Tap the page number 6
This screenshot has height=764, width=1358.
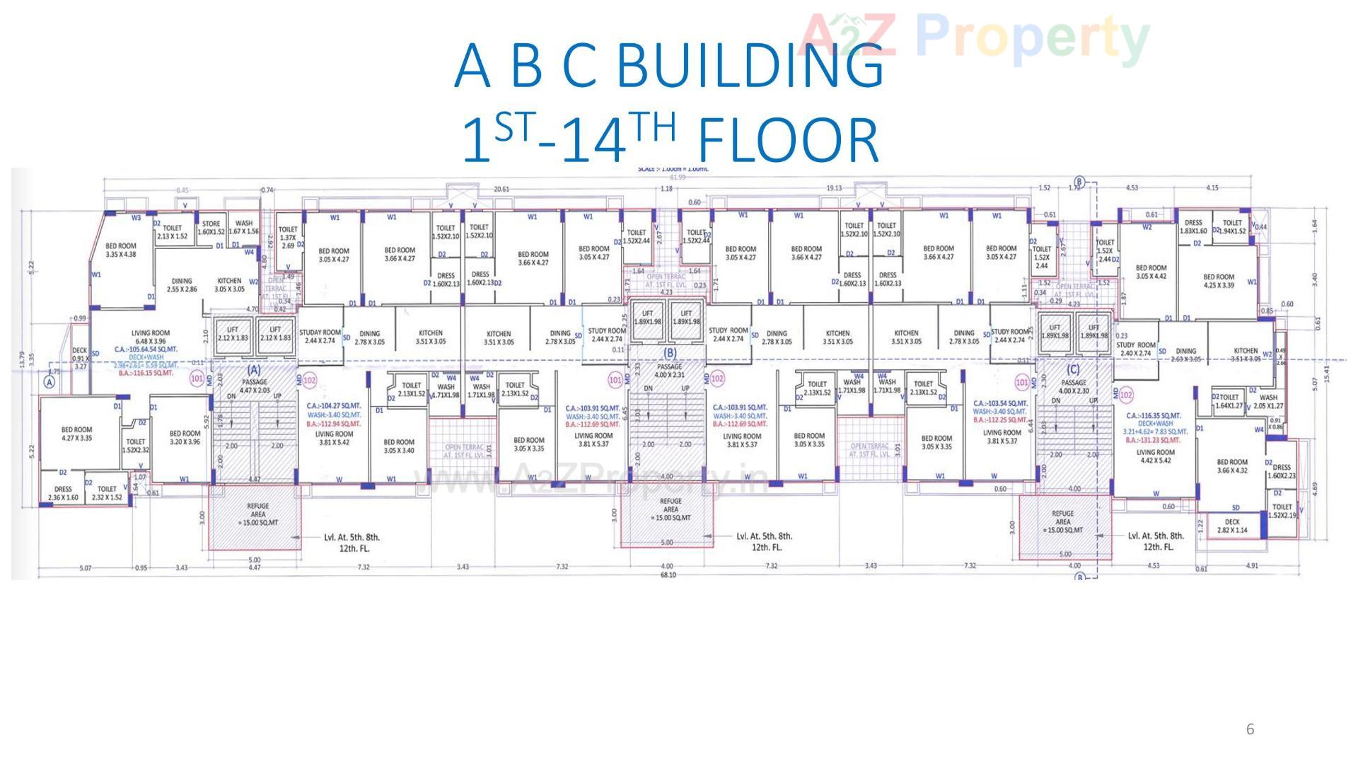[x=1250, y=729]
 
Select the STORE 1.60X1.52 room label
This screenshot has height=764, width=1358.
[x=211, y=228]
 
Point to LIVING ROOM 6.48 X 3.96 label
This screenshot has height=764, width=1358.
[x=150, y=337]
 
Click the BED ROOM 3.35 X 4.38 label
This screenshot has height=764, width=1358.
[x=121, y=250]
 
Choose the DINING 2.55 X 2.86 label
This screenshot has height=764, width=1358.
[x=182, y=284]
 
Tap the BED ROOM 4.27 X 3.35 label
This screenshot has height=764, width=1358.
[x=76, y=434]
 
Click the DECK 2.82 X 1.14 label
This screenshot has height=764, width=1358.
[x=1232, y=526]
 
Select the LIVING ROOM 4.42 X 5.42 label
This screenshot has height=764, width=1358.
[x=1155, y=456]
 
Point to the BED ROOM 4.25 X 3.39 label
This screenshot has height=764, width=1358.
[x=1219, y=281]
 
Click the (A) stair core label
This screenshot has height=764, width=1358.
[x=253, y=369]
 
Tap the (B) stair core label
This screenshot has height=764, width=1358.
[x=669, y=353]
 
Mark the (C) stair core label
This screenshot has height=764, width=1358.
[x=1072, y=369]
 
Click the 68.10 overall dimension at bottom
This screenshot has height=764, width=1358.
[x=668, y=575]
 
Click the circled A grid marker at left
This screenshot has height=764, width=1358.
[x=49, y=382]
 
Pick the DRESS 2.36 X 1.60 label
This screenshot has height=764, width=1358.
[x=63, y=493]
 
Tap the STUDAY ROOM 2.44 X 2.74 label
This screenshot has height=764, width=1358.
[x=320, y=336]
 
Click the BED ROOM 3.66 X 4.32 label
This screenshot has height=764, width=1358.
[x=1231, y=465]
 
